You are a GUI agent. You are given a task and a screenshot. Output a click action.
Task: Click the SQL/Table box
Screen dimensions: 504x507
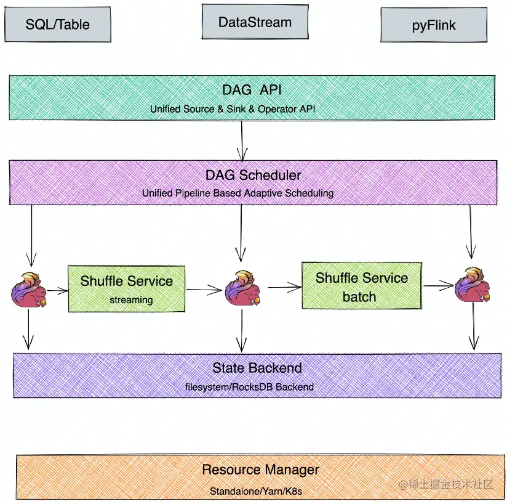pyautogui.click(x=57, y=25)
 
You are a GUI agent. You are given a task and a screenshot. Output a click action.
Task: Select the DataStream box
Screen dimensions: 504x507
pyautogui.click(x=255, y=23)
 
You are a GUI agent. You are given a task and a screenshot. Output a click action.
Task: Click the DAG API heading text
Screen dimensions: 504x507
pyautogui.click(x=252, y=90)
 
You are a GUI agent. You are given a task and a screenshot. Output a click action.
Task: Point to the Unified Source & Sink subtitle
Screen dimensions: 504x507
pyautogui.click(x=252, y=109)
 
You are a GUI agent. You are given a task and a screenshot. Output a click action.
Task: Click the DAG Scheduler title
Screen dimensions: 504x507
pyautogui.click(x=253, y=175)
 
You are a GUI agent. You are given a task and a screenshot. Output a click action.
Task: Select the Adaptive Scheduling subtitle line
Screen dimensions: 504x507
pyautogui.click(x=238, y=193)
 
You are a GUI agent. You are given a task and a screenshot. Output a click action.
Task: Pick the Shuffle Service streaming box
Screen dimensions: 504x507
pyautogui.click(x=126, y=288)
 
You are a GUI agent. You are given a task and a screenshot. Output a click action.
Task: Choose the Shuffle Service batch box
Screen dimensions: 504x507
pyautogui.click(x=361, y=285)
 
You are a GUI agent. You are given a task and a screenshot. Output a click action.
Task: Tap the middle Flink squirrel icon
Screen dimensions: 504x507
pyautogui.click(x=241, y=288)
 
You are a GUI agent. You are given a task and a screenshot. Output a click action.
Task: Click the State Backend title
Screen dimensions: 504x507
pyautogui.click(x=257, y=368)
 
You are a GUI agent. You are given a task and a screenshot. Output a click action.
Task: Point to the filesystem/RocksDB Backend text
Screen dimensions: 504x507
pyautogui.click(x=249, y=387)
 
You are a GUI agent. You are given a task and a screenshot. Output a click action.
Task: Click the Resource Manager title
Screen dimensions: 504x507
pyautogui.click(x=260, y=470)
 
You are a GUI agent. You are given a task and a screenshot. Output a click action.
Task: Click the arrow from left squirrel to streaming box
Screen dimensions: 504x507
pyautogui.click(x=57, y=290)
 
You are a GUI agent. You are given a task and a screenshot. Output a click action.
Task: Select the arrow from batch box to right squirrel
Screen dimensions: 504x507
pyautogui.click(x=438, y=285)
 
